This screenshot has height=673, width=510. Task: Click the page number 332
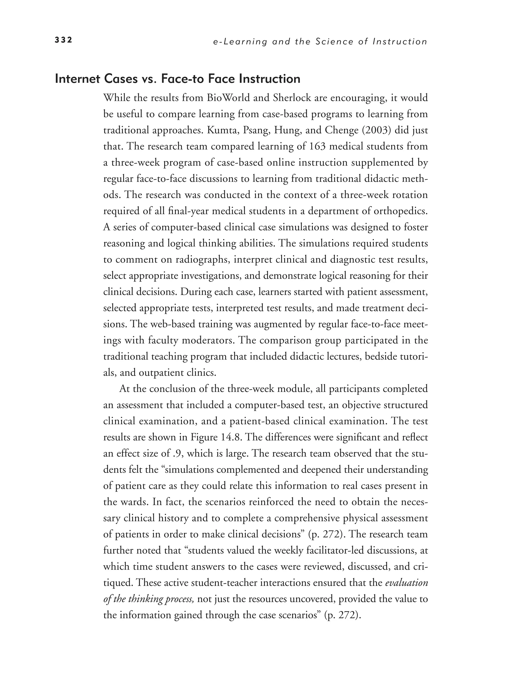coord(63,40)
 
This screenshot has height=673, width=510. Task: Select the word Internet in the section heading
coord(77,79)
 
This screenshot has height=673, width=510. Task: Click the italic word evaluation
coord(406,583)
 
